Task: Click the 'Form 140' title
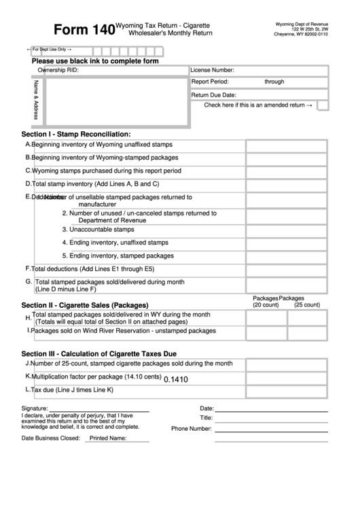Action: tap(84, 31)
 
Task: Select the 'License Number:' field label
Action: tap(212, 70)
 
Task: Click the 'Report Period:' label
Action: tap(209, 82)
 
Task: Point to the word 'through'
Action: tap(274, 82)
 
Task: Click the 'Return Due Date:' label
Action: tap(213, 95)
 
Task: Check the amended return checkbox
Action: tap(323, 105)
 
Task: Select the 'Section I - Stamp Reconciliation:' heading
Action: tap(76, 134)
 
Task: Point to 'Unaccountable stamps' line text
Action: tap(98, 230)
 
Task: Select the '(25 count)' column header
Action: tap(306, 305)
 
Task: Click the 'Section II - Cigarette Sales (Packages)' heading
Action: tap(85, 305)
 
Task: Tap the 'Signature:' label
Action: tap(35, 408)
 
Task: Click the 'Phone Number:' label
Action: tap(192, 429)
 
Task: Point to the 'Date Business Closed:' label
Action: tap(51, 438)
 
